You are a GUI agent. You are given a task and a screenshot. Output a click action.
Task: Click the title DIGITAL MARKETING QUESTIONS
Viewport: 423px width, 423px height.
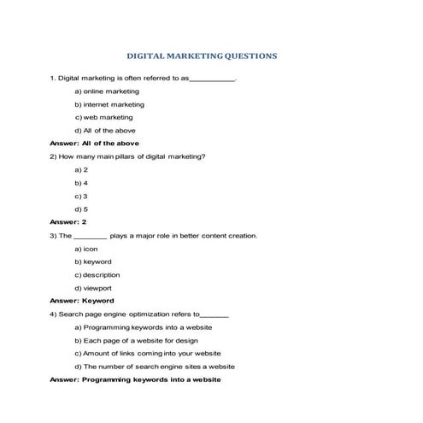(202, 56)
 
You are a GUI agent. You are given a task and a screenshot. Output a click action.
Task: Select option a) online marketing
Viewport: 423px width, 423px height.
(107, 91)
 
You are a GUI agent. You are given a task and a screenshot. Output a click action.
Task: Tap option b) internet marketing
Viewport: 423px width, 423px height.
(109, 104)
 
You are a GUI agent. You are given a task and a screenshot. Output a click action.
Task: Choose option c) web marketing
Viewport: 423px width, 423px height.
(104, 117)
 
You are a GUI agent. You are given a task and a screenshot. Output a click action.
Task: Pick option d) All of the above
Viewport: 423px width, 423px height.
(105, 131)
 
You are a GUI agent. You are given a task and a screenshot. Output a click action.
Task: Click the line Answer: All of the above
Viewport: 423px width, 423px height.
(95, 144)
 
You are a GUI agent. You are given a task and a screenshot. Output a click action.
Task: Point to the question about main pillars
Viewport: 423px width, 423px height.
(127, 156)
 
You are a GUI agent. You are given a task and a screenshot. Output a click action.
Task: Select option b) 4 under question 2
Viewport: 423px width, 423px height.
(81, 183)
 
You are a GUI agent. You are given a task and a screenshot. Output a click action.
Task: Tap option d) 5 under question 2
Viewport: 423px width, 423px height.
(81, 209)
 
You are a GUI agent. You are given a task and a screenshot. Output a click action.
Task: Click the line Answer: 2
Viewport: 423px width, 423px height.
(68, 222)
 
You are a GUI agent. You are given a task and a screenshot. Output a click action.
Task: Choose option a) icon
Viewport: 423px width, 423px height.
(86, 249)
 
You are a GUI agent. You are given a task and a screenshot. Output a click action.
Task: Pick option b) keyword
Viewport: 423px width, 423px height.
(93, 261)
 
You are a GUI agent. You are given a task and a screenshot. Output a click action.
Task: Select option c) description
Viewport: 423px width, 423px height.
(97, 275)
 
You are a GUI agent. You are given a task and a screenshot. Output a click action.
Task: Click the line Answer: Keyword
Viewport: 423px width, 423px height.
(82, 301)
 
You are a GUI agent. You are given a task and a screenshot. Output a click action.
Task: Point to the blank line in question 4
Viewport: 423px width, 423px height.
(214, 315)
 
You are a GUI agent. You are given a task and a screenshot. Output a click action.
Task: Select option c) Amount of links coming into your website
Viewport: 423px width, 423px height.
(148, 353)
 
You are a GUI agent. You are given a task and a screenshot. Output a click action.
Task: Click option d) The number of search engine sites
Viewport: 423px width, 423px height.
(154, 367)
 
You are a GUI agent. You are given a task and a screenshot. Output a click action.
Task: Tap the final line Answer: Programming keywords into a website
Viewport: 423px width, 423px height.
(136, 379)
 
